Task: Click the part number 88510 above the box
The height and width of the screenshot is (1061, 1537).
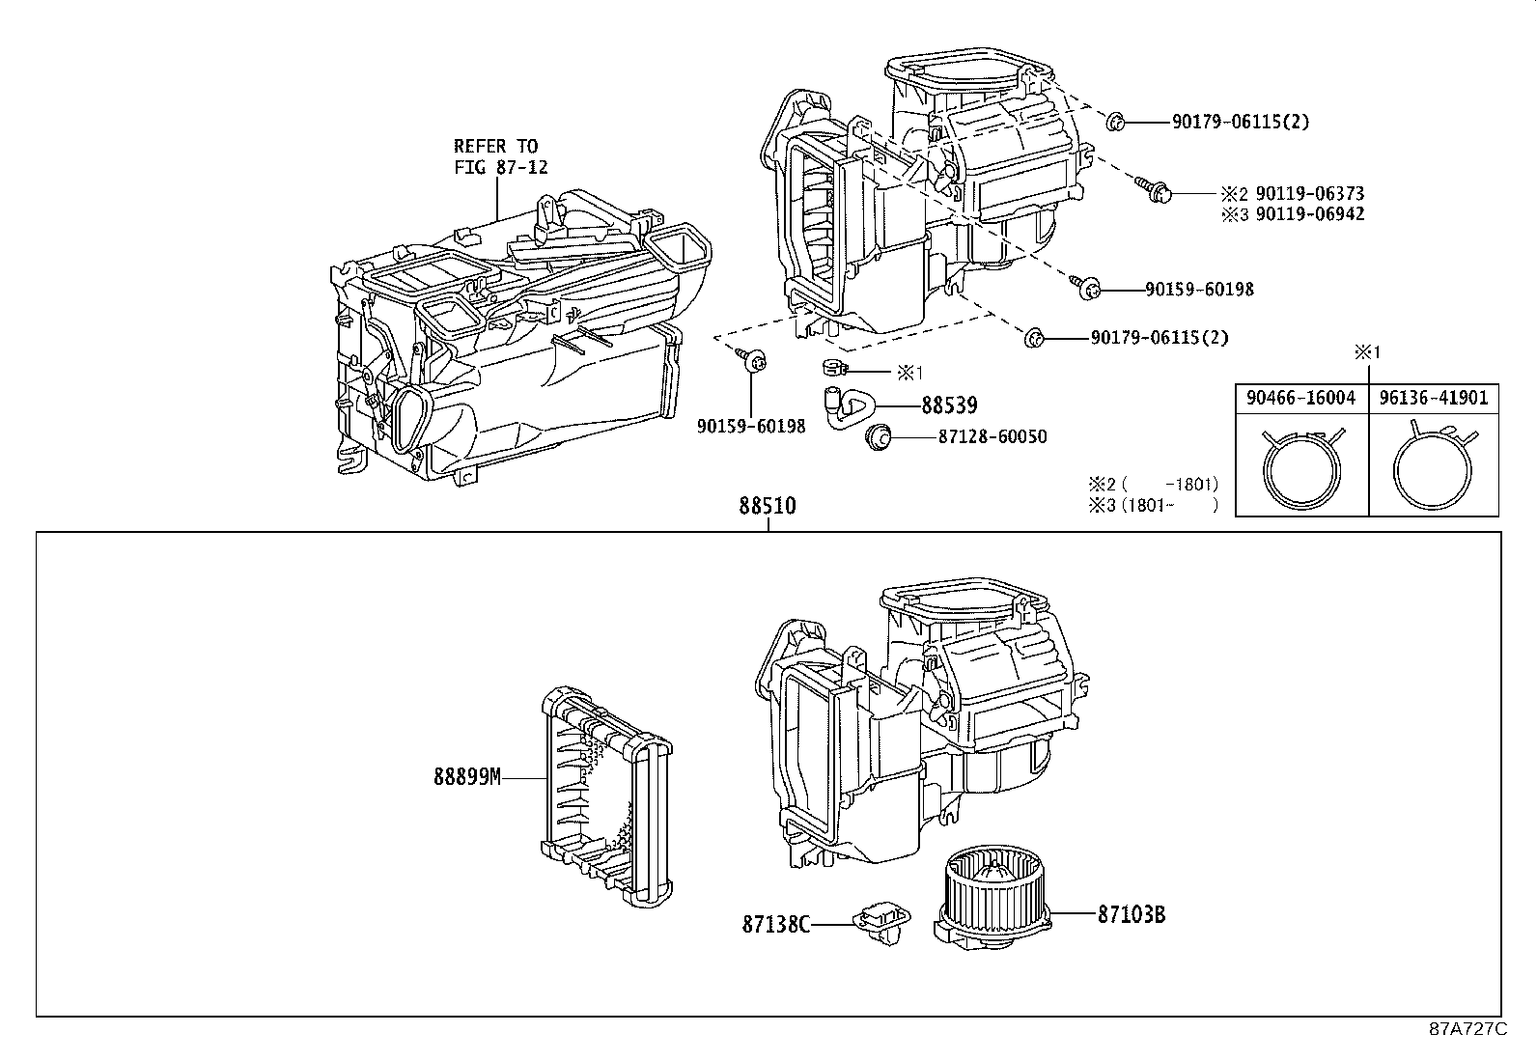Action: click(768, 506)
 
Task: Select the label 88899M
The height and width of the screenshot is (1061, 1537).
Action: click(466, 777)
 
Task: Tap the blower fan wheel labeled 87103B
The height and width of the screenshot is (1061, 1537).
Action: click(989, 894)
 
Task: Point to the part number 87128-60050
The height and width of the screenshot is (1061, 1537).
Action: click(992, 437)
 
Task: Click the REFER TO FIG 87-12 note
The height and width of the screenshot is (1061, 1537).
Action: click(500, 156)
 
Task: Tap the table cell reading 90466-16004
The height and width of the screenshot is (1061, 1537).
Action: click(1300, 397)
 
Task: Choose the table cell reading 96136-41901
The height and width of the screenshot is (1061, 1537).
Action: click(1434, 397)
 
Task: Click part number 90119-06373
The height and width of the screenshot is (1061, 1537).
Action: click(1309, 194)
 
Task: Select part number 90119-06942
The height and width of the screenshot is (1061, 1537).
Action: click(1309, 214)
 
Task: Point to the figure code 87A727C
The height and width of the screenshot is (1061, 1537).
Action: click(1467, 1029)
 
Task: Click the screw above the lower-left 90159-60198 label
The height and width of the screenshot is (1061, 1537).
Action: click(752, 360)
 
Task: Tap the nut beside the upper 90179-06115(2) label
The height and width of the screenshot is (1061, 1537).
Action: click(1113, 122)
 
